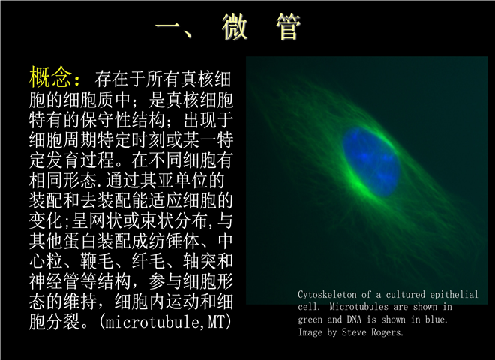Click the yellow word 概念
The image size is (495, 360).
(50, 76)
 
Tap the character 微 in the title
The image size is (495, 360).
(235, 27)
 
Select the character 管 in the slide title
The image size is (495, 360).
(289, 27)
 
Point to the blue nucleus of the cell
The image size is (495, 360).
(371, 161)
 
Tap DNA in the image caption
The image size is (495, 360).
(354, 319)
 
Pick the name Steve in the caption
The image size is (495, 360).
(354, 332)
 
